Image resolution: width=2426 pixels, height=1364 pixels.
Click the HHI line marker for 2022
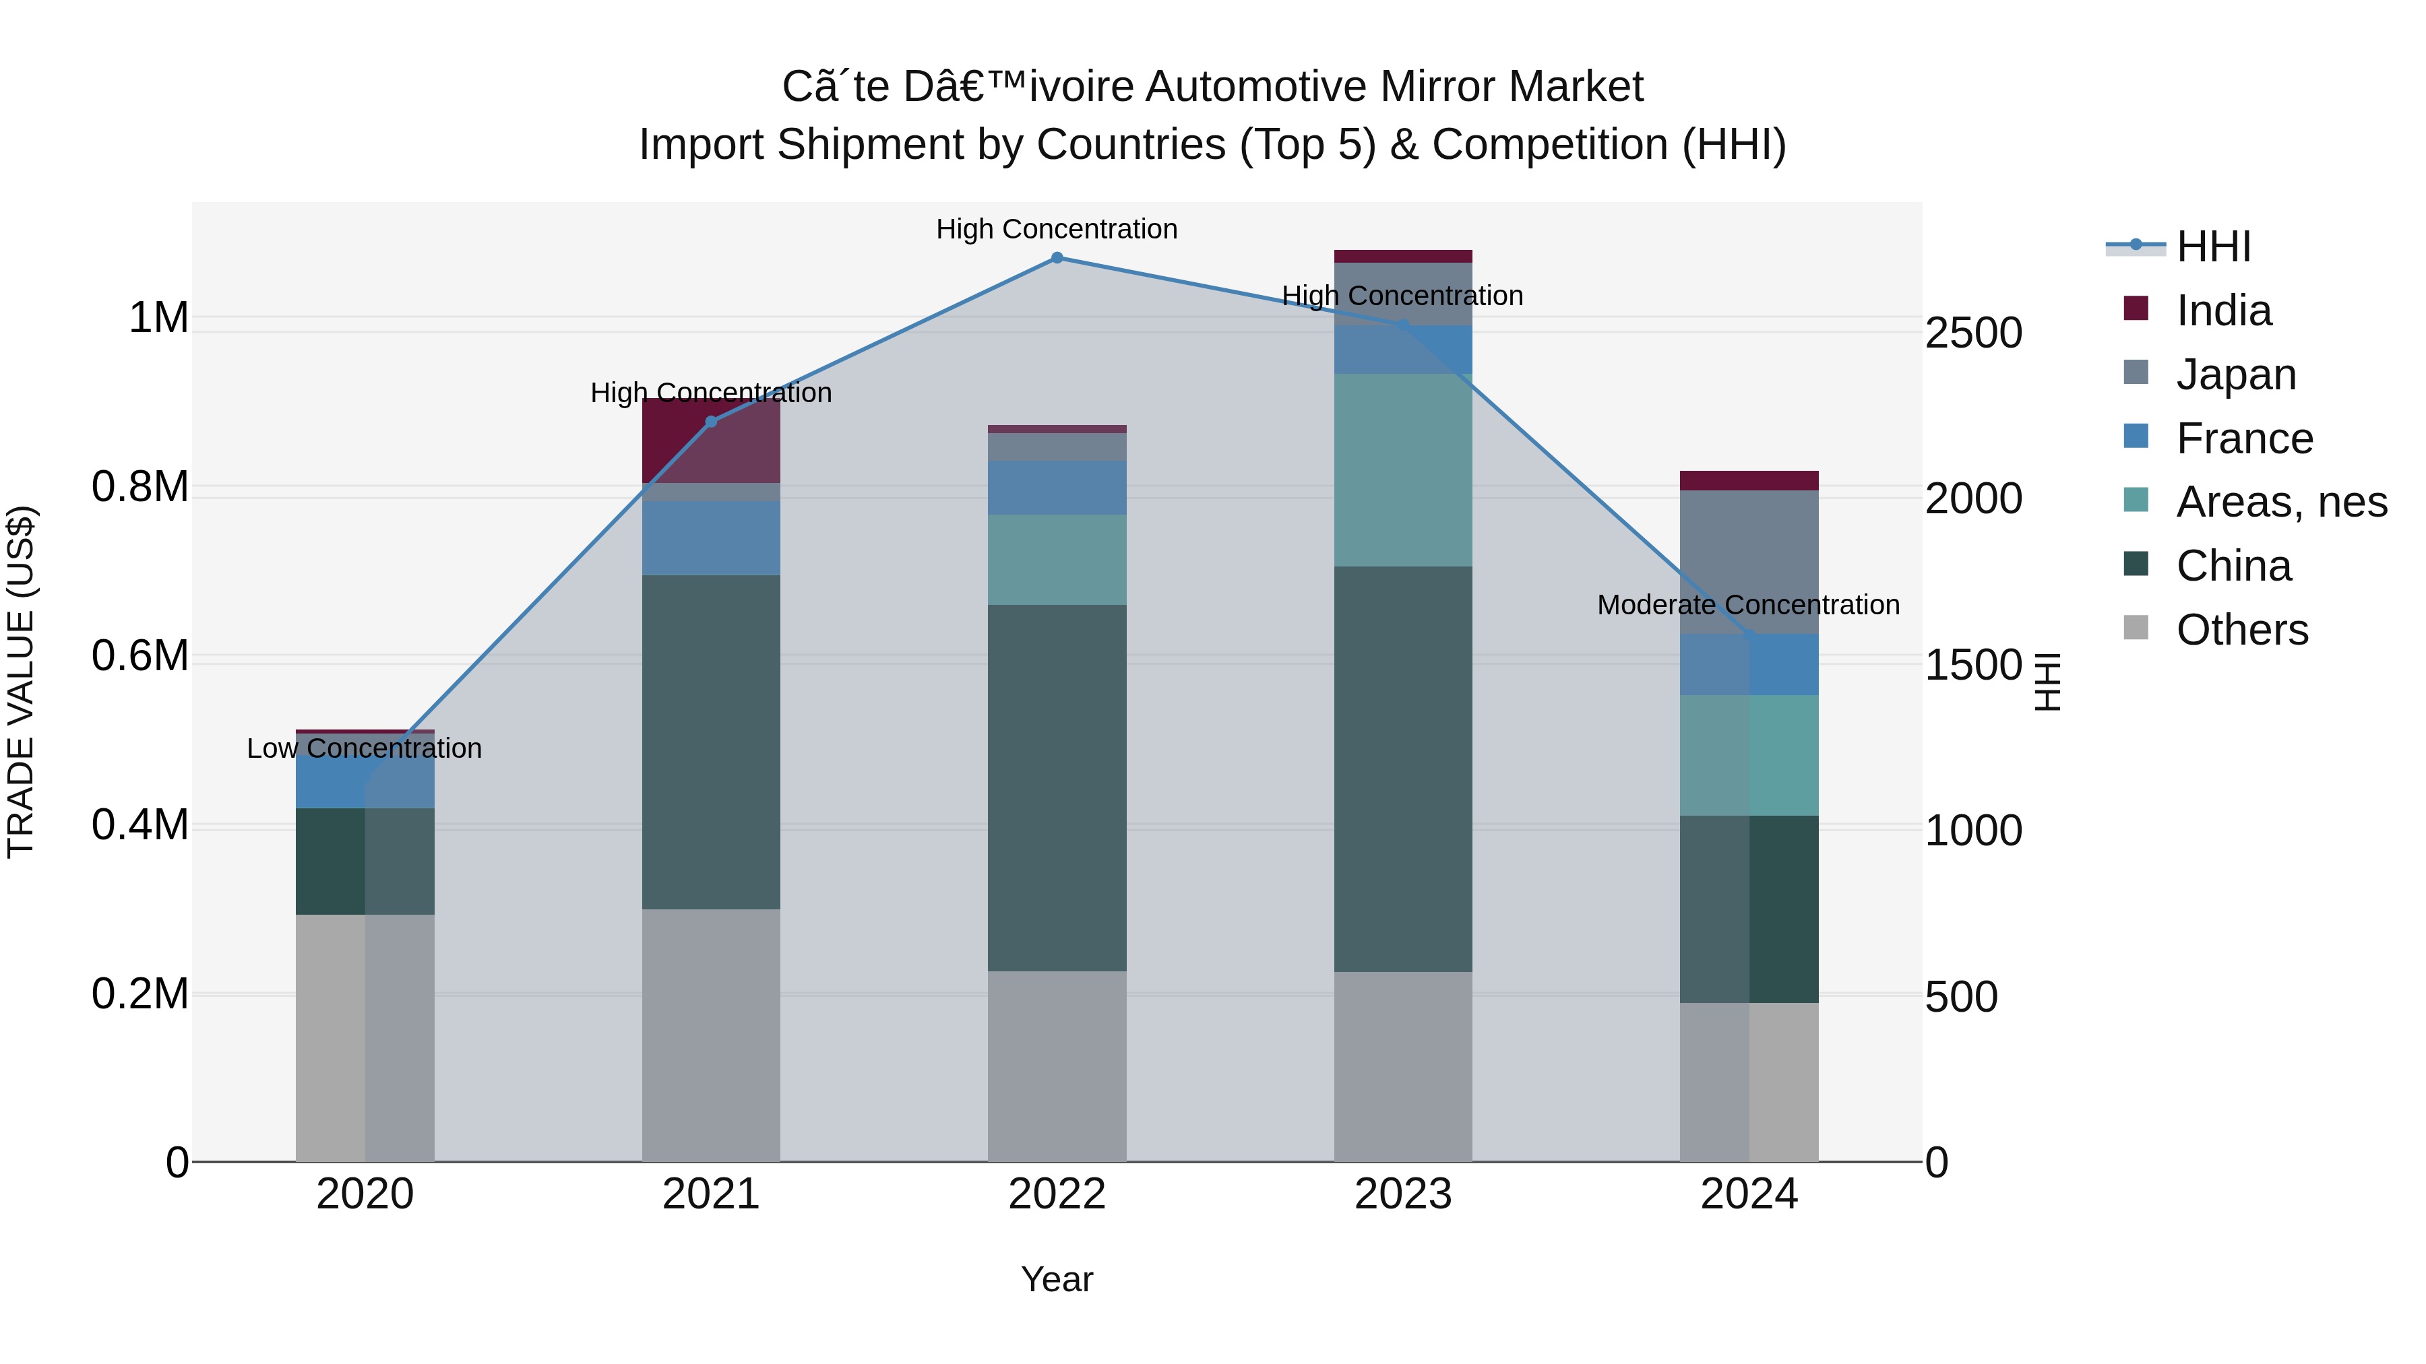point(1057,258)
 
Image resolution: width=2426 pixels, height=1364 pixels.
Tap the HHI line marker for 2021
point(711,422)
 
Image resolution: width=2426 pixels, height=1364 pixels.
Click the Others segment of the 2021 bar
point(711,1035)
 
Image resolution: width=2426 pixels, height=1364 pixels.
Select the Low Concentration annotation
point(365,748)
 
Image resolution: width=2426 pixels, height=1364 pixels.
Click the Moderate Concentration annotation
point(1748,606)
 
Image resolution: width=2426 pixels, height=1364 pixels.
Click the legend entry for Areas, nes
point(2281,502)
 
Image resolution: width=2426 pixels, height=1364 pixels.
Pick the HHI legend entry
point(2213,247)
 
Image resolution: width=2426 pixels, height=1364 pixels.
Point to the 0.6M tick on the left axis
point(139,656)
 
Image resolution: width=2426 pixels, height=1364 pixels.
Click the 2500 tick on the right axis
point(1973,333)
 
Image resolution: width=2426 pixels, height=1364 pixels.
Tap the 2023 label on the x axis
point(1402,1194)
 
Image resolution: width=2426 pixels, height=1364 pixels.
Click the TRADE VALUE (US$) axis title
point(21,682)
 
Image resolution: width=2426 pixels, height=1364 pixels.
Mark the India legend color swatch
point(2136,308)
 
